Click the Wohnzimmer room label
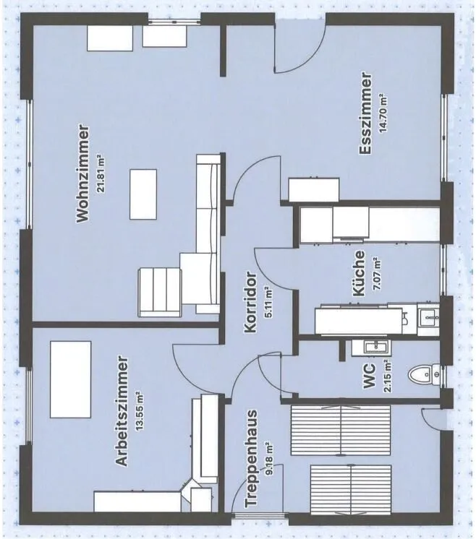83,173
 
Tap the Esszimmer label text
365,113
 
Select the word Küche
359,273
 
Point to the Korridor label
250,303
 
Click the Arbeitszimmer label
122,411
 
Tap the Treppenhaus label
251,458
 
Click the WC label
370,376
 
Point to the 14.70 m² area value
383,113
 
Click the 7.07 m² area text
377,273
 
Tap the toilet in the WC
424,374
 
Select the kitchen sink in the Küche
428,319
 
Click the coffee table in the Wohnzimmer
143,194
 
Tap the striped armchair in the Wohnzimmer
160,293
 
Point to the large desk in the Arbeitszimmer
71,379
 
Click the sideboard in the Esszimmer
314,189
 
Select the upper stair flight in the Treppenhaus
341,430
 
